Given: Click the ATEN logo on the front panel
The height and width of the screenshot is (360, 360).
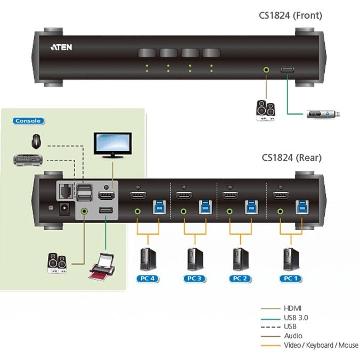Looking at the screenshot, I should pos(61,47).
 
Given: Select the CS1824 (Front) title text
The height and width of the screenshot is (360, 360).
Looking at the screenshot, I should pos(290,15).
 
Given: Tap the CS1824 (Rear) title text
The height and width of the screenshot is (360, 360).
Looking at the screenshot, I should pos(291,157).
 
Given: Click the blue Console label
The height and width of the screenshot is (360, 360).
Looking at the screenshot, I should pos(28,121).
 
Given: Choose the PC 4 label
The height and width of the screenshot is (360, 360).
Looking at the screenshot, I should pos(148,279).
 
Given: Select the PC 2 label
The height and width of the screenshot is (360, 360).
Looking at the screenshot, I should pos(241,279).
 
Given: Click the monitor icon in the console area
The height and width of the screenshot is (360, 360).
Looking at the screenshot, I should pos(112,145).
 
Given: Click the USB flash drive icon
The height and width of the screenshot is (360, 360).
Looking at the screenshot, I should pos(323,113).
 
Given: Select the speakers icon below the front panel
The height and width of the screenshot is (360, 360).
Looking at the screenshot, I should pos(265,110).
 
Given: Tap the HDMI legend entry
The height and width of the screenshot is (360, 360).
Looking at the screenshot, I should pos(292,308).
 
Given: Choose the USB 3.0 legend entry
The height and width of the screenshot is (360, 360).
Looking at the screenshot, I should pos(296,317).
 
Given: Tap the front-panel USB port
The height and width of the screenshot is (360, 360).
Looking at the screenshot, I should pos(288,69).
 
